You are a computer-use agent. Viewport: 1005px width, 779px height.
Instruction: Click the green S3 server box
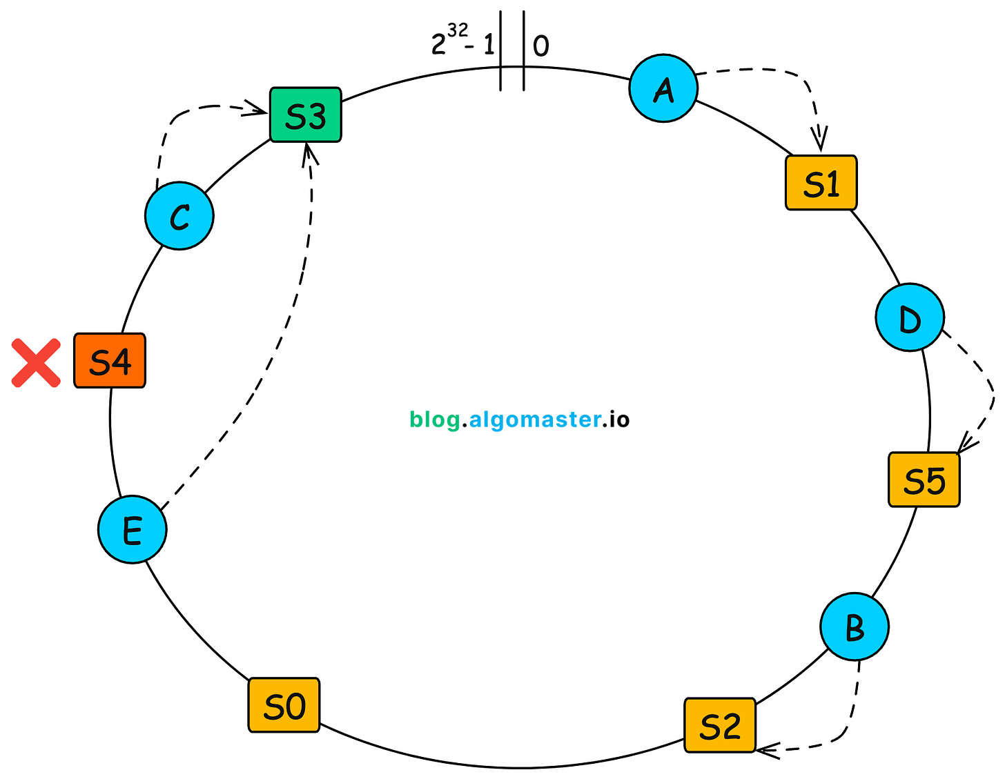point(305,115)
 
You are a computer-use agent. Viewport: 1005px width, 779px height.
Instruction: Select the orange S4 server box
point(110,361)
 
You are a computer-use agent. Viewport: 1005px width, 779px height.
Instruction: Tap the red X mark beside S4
point(36,362)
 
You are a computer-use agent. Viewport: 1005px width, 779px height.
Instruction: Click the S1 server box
point(821,183)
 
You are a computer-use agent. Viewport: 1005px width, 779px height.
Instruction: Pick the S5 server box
point(924,480)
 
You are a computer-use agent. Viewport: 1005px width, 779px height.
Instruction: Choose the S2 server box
point(720,725)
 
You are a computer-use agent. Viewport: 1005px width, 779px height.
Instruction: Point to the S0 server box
point(284,705)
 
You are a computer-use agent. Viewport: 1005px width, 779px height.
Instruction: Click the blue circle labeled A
point(663,88)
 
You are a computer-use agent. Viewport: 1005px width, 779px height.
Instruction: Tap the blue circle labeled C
point(179,216)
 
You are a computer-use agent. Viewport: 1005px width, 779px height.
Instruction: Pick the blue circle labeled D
point(910,317)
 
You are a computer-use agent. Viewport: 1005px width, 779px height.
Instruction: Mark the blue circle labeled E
point(132,530)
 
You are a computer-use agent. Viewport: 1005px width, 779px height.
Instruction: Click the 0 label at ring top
point(541,46)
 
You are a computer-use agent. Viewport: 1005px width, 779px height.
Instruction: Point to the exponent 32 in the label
point(458,31)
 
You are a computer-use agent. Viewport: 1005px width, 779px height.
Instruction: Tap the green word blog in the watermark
point(435,420)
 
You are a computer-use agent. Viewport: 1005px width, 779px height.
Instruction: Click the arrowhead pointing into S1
point(820,141)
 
